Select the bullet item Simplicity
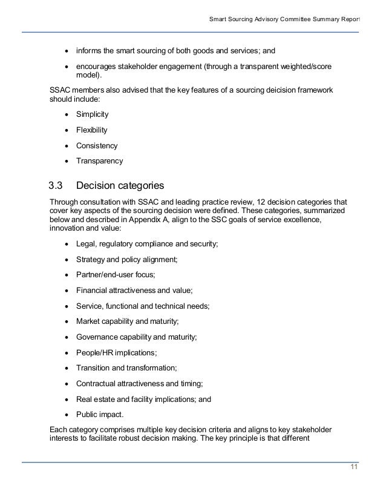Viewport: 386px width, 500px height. click(x=93, y=114)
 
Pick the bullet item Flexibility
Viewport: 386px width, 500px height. click(x=92, y=130)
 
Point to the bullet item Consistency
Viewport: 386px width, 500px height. click(x=97, y=145)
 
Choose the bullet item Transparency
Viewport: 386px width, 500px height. click(x=99, y=161)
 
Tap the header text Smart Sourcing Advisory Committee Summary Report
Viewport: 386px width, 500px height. click(x=284, y=19)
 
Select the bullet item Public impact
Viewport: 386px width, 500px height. click(x=100, y=415)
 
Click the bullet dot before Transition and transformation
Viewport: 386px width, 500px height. click(x=66, y=368)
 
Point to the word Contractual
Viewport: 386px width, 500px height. click(x=96, y=384)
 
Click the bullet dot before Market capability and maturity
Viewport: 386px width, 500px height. click(x=66, y=321)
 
